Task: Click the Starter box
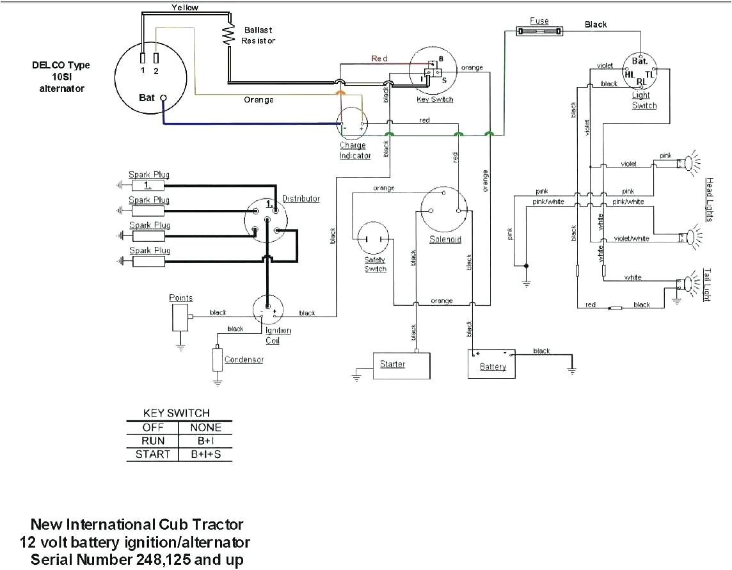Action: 402,365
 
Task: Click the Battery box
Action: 491,364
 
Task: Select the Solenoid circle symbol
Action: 444,211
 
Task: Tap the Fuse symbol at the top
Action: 539,31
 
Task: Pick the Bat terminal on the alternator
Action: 163,98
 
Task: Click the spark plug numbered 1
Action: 148,186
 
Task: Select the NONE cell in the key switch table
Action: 205,427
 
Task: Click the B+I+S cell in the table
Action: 205,455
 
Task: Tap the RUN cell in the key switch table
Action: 153,441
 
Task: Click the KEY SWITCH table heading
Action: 176,413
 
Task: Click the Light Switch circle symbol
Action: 640,70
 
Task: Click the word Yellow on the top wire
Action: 185,8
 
